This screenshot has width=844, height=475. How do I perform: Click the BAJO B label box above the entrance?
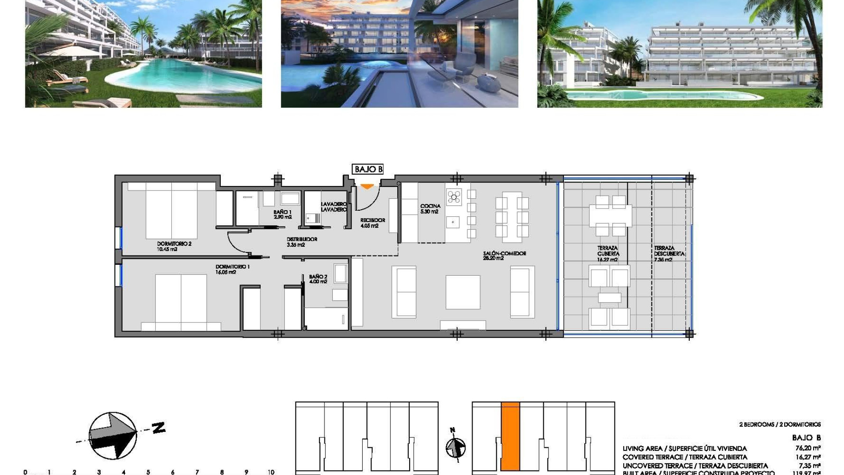point(368,169)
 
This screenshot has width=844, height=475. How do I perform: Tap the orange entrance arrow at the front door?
point(367,187)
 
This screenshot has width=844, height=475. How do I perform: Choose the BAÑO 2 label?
point(318,279)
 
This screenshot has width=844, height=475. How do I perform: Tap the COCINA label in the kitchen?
point(430,208)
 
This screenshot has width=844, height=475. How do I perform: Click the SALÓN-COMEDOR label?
point(504,256)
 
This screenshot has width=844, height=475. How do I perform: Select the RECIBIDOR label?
point(372,223)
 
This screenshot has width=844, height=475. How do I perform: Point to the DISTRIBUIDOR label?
point(302,242)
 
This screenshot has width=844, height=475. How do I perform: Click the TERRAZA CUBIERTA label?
point(608,254)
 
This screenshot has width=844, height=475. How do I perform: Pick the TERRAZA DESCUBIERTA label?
point(669,254)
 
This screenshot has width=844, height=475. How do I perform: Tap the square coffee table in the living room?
point(463,292)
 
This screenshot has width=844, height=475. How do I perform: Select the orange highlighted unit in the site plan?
point(510,436)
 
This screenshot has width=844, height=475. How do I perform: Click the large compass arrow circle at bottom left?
point(113,436)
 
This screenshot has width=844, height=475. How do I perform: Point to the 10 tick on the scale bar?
point(271,472)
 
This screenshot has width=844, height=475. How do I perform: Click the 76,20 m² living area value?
point(808,448)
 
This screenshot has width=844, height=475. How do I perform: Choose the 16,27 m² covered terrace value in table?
point(808,457)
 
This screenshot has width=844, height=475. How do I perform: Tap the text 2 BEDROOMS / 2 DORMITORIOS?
point(780,424)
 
